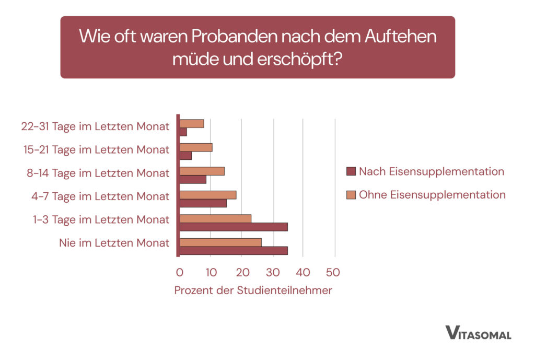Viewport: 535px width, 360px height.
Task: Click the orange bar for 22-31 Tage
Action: click(x=192, y=124)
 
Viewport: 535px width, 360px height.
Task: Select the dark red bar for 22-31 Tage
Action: click(x=183, y=132)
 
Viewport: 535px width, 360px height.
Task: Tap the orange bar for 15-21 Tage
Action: click(x=196, y=147)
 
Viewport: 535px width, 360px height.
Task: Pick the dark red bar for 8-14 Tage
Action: click(x=193, y=179)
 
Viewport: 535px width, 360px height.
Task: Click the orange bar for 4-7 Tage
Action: click(x=208, y=195)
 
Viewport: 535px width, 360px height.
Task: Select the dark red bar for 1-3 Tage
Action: click(x=234, y=227)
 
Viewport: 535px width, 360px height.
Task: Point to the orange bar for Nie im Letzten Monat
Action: click(x=220, y=242)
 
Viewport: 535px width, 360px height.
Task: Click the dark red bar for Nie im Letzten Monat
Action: click(x=234, y=250)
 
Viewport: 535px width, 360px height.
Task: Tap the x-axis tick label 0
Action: click(x=179, y=272)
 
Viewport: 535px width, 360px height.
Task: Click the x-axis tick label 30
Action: click(x=272, y=272)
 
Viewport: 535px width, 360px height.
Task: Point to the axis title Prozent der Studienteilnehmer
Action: click(x=253, y=291)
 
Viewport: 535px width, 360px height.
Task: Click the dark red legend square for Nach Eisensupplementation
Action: click(x=351, y=172)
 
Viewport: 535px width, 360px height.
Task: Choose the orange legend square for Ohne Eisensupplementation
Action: click(x=351, y=195)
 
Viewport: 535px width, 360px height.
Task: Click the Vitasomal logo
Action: click(x=478, y=333)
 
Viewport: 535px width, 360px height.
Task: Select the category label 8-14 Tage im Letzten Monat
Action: click(x=98, y=173)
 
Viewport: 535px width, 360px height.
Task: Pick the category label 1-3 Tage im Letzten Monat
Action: click(x=101, y=219)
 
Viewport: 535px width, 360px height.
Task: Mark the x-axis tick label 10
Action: click(x=210, y=272)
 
